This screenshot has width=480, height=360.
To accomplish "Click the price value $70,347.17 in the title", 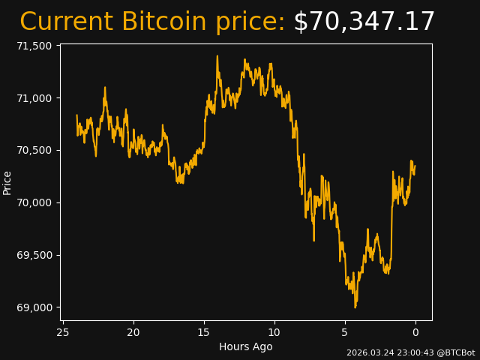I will [x=364, y=22].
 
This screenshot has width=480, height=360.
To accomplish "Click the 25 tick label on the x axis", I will [x=63, y=332].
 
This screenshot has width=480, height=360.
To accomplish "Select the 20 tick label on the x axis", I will [x=133, y=332].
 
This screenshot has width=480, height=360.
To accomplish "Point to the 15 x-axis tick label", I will [x=204, y=332].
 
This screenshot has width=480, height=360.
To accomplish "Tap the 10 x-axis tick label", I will [x=274, y=332].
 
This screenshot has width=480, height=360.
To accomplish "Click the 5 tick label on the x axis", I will [x=345, y=332].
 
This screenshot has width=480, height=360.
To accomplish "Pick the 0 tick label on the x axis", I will [x=415, y=332].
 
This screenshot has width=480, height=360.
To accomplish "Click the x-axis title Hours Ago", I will [x=245, y=346].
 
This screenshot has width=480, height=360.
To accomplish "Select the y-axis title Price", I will [x=7, y=182].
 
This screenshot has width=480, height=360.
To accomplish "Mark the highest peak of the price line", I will [x=217, y=55].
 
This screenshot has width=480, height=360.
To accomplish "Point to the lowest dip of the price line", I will [x=355, y=307].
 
